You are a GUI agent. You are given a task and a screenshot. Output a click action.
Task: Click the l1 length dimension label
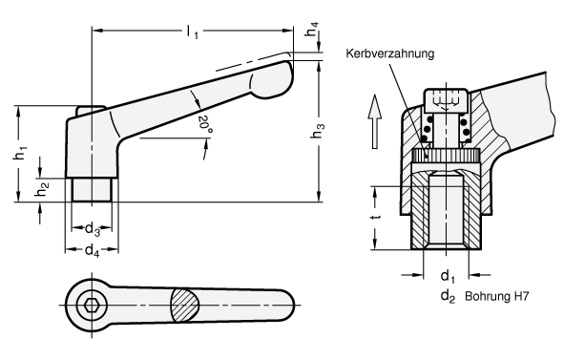pos(192,32)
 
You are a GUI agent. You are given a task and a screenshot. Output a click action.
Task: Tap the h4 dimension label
pos(312,30)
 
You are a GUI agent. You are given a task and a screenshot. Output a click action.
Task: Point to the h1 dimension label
pos(20,153)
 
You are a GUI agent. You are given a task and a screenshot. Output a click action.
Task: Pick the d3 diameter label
pos(92,229)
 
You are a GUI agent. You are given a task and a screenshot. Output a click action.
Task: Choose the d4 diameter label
pos(92,250)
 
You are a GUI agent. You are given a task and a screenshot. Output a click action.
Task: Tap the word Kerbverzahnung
pos(390,53)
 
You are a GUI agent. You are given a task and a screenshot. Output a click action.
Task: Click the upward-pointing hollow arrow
pos(375,121)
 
